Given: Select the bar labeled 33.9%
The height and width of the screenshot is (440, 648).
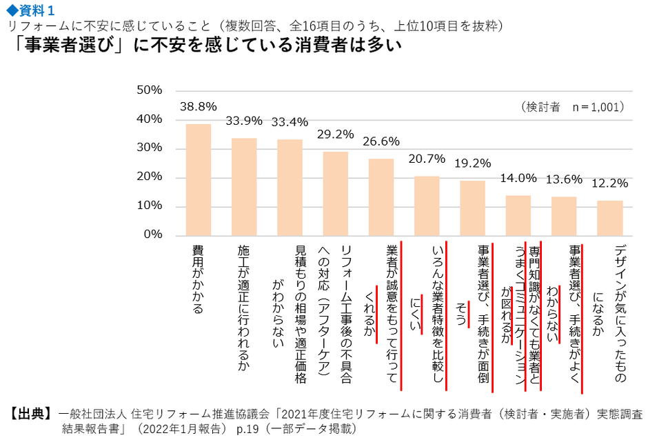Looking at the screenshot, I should [244, 186].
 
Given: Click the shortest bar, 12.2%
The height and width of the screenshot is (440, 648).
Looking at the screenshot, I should [609, 218].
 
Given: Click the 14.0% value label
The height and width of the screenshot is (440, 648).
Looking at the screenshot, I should [518, 177].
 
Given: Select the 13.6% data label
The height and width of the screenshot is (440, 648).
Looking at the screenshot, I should [564, 179].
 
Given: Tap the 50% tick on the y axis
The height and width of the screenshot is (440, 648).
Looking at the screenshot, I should [149, 90].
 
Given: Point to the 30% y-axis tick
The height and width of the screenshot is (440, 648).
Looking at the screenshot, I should [149, 148].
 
